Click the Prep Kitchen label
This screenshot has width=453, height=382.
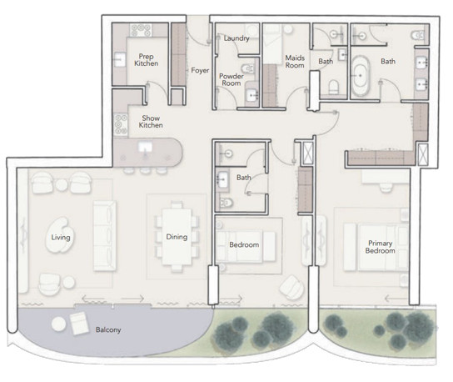tap(147, 60)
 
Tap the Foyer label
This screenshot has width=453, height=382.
tap(200, 70)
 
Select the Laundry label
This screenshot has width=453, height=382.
tap(236, 38)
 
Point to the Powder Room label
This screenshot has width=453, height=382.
tap(231, 79)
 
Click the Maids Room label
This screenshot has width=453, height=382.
tap(295, 62)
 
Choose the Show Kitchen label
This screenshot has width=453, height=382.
tap(151, 122)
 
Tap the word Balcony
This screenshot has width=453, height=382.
tap(108, 329)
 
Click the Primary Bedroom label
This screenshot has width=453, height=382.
tap(381, 247)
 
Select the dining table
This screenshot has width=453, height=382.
tap(177, 237)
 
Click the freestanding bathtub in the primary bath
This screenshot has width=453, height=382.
tap(361, 76)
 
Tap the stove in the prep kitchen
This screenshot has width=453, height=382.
tap(141, 30)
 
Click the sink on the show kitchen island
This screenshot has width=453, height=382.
tap(145, 148)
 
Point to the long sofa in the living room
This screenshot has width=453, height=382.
tap(105, 236)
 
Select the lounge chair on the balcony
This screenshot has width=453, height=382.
tap(79, 324)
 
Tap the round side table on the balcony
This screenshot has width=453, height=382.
tap(59, 324)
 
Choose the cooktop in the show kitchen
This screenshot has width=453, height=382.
tap(121, 125)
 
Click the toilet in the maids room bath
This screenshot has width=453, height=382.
tap(334, 87)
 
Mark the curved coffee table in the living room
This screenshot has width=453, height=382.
tap(61, 235)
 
